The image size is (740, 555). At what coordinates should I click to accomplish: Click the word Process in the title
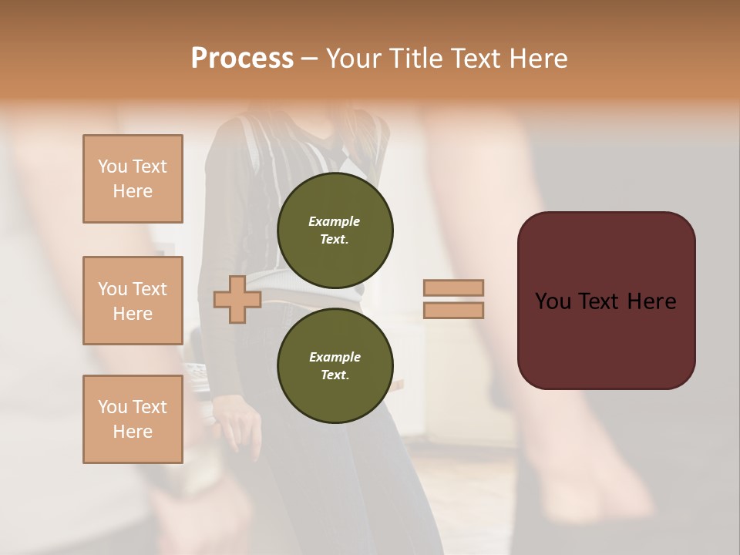pyautogui.click(x=242, y=59)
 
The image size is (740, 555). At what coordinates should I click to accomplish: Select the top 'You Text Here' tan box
pyautogui.click(x=133, y=179)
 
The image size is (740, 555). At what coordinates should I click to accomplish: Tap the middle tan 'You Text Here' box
pyautogui.click(x=133, y=301)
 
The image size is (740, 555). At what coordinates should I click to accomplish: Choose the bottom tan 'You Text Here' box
pyautogui.click(x=133, y=419)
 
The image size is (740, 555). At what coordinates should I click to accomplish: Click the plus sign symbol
pyautogui.click(x=237, y=299)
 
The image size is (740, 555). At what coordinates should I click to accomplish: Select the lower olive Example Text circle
pyautogui.click(x=335, y=365)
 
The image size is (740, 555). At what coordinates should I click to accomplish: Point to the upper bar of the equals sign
pyautogui.click(x=453, y=288)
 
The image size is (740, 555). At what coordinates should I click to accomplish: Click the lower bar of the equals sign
pyautogui.click(x=453, y=311)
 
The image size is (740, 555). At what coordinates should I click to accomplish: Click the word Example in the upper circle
pyautogui.click(x=335, y=221)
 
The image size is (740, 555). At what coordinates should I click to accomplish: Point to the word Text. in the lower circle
pyautogui.click(x=335, y=375)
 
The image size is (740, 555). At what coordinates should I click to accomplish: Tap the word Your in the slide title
pyautogui.click(x=354, y=59)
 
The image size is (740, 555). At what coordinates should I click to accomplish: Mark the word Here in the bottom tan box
pyautogui.click(x=133, y=432)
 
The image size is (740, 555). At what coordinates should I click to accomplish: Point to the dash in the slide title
pyautogui.click(x=309, y=59)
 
